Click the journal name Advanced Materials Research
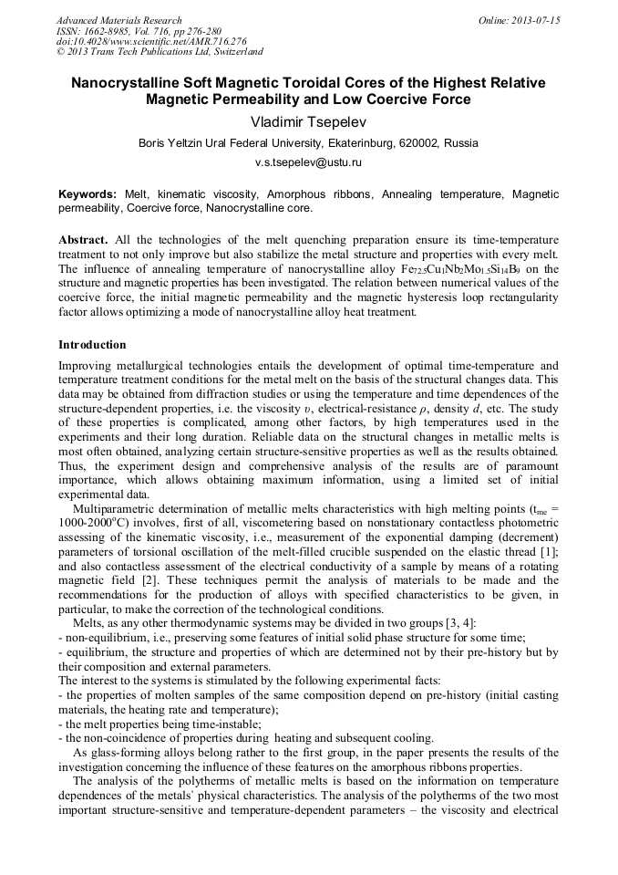[x=118, y=20]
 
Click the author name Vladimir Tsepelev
[x=308, y=120]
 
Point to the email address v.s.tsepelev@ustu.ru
[x=308, y=161]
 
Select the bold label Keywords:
[x=88, y=194]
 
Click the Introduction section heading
[x=92, y=345]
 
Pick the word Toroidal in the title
[x=311, y=83]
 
